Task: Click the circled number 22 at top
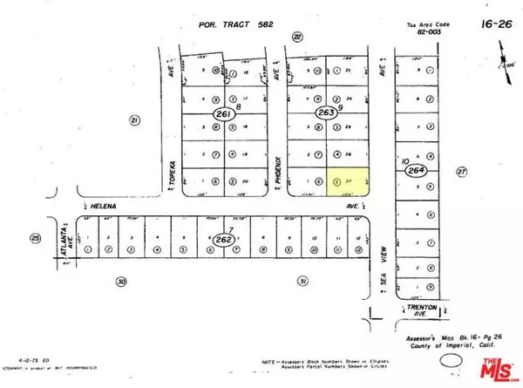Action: (x=297, y=37)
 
